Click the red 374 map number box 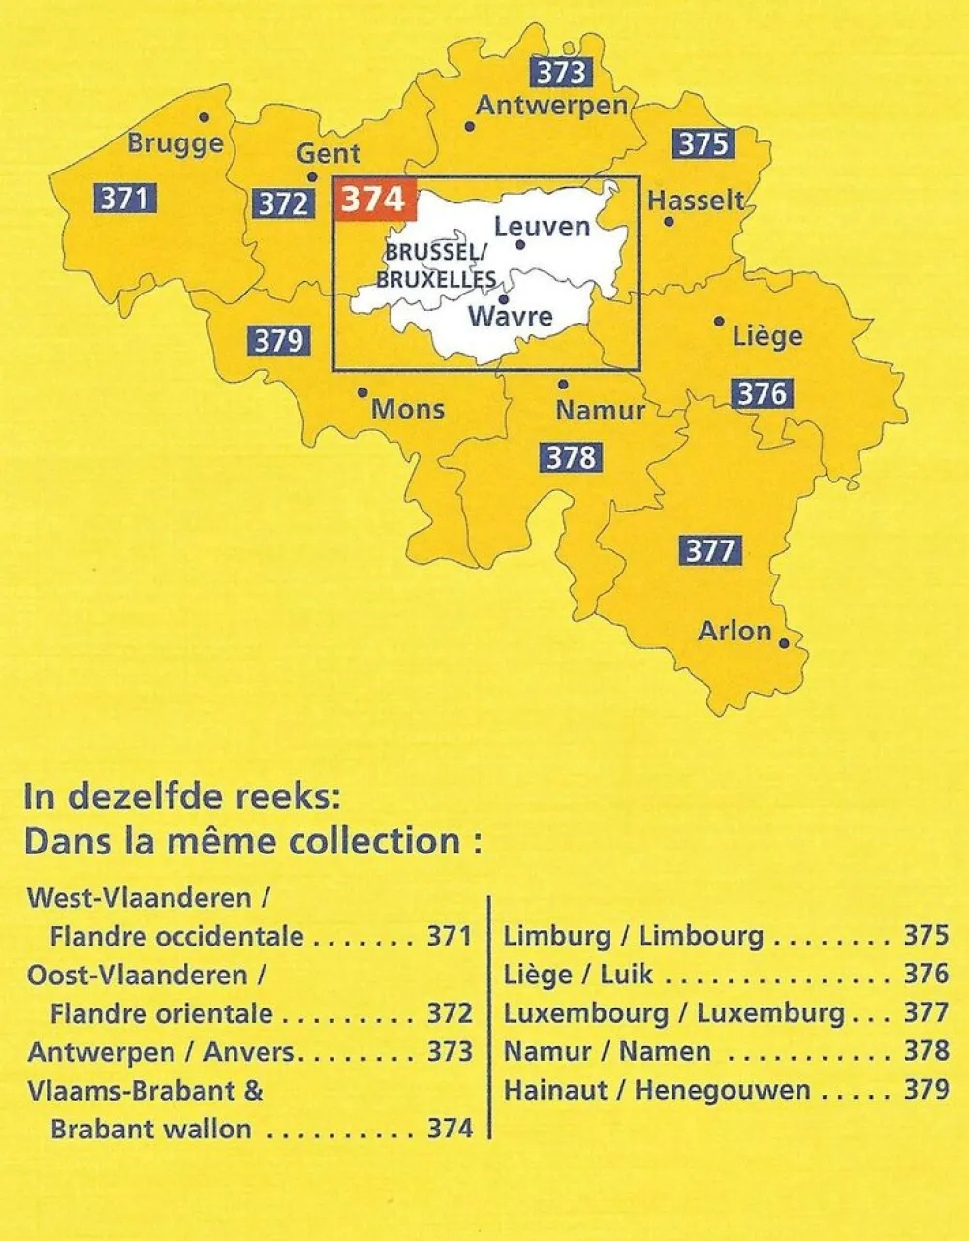(x=374, y=199)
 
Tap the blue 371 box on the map (x=125, y=199)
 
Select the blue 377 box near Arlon (x=710, y=550)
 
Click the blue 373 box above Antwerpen (x=561, y=73)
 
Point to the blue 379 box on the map (x=278, y=341)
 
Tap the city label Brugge (x=175, y=144)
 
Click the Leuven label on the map (x=542, y=227)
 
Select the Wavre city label (x=510, y=316)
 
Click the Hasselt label (x=696, y=201)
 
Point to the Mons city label (x=408, y=409)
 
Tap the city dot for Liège (x=719, y=321)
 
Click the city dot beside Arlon (x=783, y=642)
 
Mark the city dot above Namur (x=564, y=384)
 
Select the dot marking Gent (x=312, y=177)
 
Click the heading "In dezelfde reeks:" (x=182, y=796)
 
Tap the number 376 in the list (x=925, y=974)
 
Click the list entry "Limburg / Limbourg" (x=633, y=936)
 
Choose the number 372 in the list (x=450, y=1013)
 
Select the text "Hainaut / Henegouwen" (x=656, y=1090)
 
